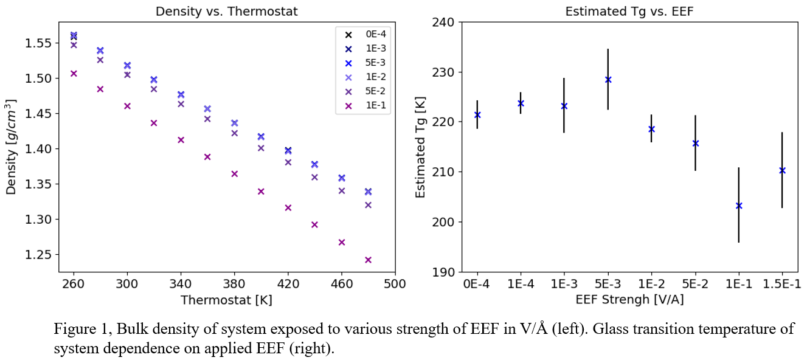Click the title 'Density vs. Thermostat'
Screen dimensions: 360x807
pyautogui.click(x=226, y=12)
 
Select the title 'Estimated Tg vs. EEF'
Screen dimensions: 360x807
pyautogui.click(x=629, y=12)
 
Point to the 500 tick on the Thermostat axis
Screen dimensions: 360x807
pyautogui.click(x=395, y=284)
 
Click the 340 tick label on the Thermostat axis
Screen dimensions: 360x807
pyautogui.click(x=207, y=284)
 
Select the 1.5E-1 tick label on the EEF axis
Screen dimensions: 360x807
pyautogui.click(x=782, y=284)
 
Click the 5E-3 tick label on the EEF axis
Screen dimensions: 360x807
pyautogui.click(x=608, y=284)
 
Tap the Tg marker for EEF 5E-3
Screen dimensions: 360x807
pyautogui.click(x=608, y=80)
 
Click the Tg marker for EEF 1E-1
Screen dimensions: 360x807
pyautogui.click(x=739, y=206)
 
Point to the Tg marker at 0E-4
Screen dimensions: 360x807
pyautogui.click(x=477, y=115)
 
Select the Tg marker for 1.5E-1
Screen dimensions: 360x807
pyautogui.click(x=782, y=170)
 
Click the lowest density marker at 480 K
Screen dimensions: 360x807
pyautogui.click(x=368, y=260)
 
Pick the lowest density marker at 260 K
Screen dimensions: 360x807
pyautogui.click(x=74, y=74)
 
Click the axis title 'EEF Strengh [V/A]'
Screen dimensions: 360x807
pyautogui.click(x=629, y=299)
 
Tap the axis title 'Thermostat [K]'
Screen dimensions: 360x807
pyautogui.click(x=226, y=300)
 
